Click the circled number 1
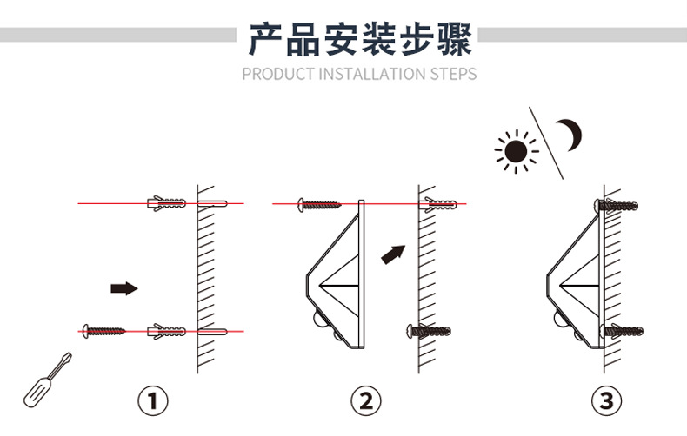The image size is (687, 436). click(x=154, y=400)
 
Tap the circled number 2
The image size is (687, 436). click(x=366, y=400)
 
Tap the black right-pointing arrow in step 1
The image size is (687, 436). click(x=124, y=287)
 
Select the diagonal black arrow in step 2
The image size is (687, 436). click(x=394, y=254)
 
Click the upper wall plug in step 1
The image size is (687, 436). click(x=168, y=203)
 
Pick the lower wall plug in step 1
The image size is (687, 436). click(x=168, y=331)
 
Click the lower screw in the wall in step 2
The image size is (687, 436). click(x=430, y=330)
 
